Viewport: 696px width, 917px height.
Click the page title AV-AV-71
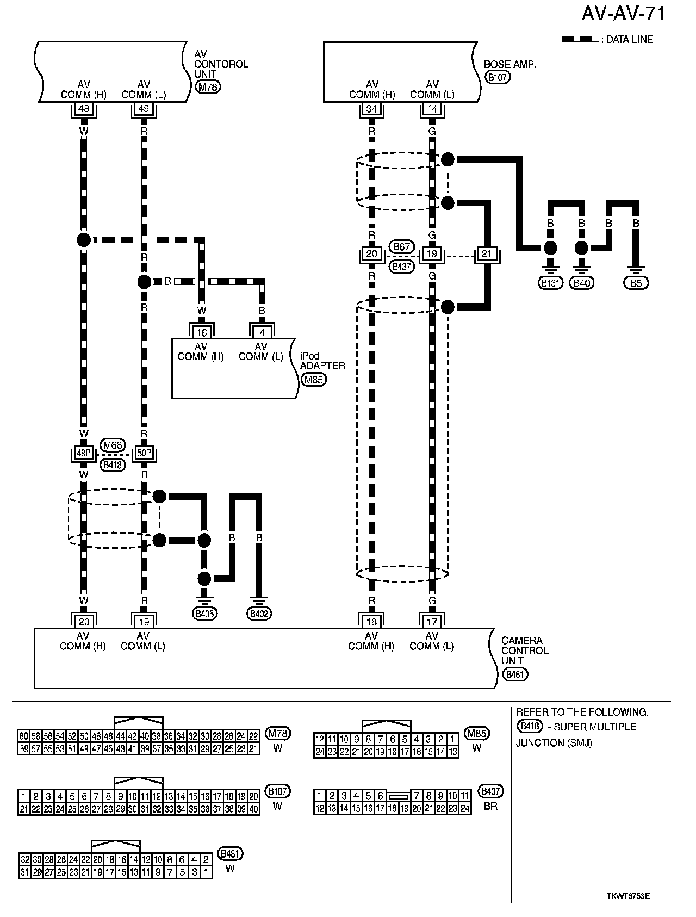pos(623,14)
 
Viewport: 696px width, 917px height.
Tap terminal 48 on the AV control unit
pos(83,109)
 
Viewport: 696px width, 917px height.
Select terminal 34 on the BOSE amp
pos(371,109)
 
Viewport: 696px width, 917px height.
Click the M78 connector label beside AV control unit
pos(209,86)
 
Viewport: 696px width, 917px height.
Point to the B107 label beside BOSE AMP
pos(497,77)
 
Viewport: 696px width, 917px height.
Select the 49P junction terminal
pos(83,453)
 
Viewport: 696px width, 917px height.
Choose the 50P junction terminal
pos(144,453)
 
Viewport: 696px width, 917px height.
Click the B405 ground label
pos(204,614)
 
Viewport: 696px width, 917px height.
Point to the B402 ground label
pos(259,614)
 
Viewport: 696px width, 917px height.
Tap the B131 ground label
pos(551,283)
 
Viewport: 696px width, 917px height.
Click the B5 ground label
pos(636,283)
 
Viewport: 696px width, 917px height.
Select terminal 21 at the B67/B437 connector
pos(486,254)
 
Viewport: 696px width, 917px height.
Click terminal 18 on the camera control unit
pos(371,621)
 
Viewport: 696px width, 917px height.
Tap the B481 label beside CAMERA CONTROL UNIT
pos(515,674)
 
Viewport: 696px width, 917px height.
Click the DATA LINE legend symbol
pos(580,40)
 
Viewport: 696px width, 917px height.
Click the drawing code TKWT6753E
pos(628,896)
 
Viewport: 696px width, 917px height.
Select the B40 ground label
pos(582,283)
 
